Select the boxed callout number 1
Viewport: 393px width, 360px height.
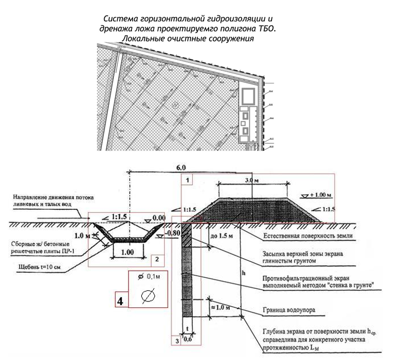tap(187, 179)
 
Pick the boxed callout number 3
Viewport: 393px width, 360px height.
tap(176, 340)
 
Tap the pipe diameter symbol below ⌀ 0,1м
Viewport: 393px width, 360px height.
tap(147, 296)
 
